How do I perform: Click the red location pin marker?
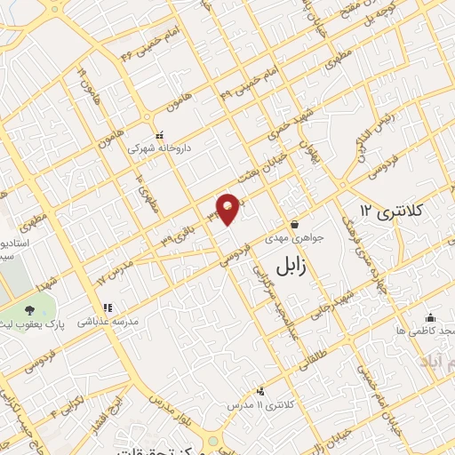tap(228, 208)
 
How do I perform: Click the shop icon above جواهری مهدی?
tap(294, 224)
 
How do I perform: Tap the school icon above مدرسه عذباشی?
tap(108, 307)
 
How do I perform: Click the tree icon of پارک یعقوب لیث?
tap(31, 310)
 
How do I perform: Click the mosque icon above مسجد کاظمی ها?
tap(431, 316)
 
